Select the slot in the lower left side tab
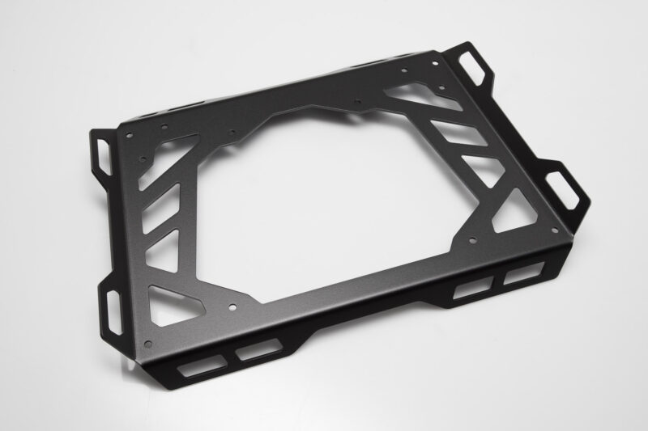[112, 302]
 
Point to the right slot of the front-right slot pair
[516, 277]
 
